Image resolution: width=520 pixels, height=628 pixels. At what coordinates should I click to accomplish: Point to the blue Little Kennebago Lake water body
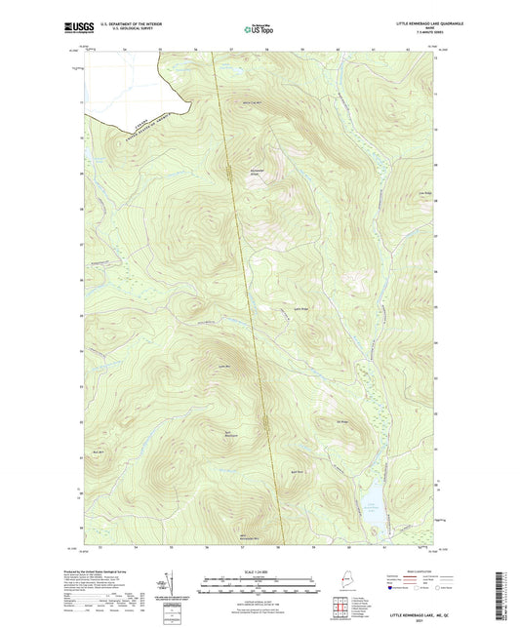click(x=374, y=498)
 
